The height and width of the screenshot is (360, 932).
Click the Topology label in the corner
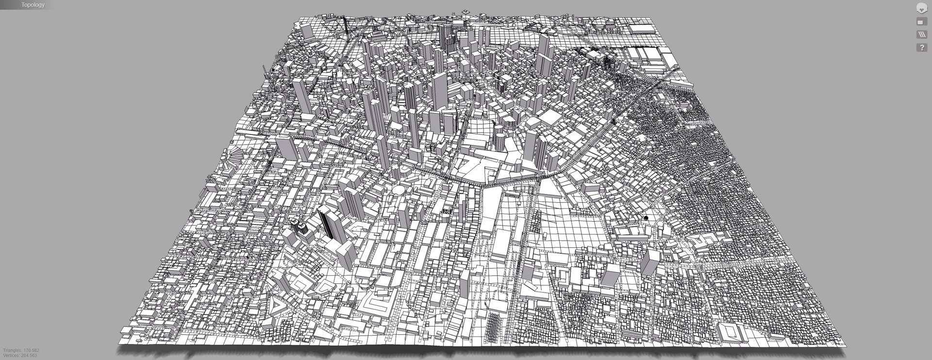33,5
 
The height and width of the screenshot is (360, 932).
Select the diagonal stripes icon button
921,34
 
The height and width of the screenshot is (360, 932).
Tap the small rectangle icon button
921,22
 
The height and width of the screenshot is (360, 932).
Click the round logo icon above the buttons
921,8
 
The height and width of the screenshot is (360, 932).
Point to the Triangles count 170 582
21,350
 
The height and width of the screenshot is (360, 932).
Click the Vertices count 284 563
20,356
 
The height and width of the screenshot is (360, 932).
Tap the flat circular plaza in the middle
399,190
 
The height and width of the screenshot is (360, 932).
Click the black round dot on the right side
646,218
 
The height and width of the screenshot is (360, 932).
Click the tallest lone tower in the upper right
543,53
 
